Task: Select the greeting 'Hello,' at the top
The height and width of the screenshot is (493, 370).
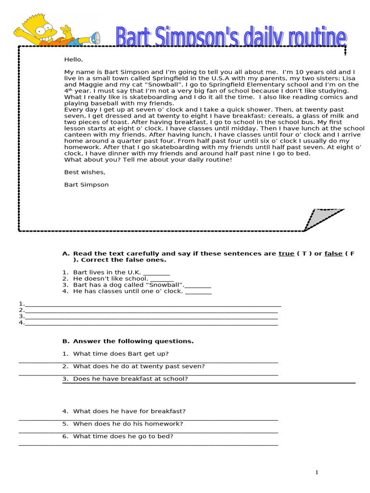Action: pyautogui.click(x=74, y=60)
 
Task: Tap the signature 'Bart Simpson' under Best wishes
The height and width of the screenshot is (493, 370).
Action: pyautogui.click(x=86, y=184)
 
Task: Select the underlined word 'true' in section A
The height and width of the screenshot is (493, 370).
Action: pyautogui.click(x=286, y=254)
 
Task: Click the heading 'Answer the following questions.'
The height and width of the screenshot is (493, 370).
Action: pyautogui.click(x=133, y=341)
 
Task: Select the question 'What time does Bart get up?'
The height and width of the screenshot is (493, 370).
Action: pyautogui.click(x=120, y=354)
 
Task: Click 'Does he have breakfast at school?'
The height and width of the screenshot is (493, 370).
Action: pyautogui.click(x=130, y=379)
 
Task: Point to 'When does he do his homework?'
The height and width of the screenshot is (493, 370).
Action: pyautogui.click(x=128, y=424)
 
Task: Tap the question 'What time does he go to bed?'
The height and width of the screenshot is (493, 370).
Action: pyautogui.click(x=123, y=436)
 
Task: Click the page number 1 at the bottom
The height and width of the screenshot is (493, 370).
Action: pyautogui.click(x=317, y=472)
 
